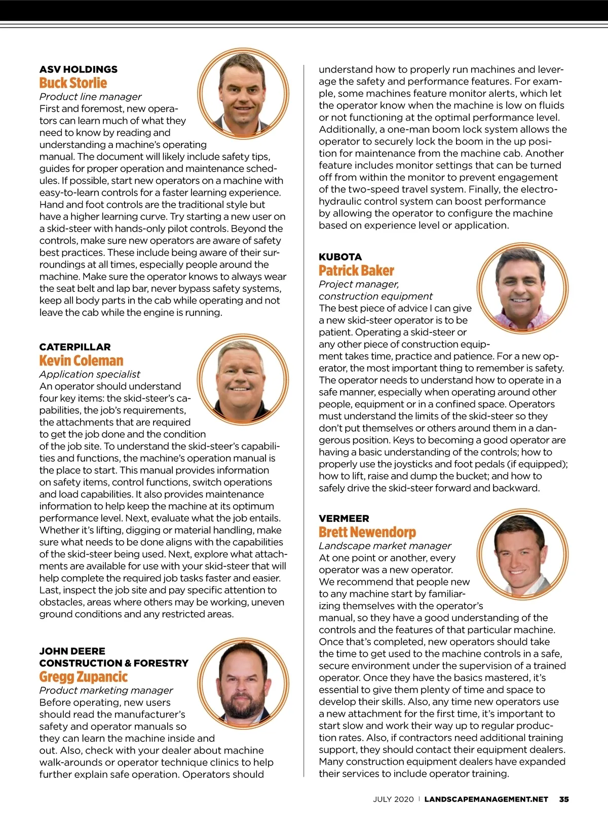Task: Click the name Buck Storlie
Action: pyautogui.click(x=73, y=83)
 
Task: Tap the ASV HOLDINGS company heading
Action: pyautogui.click(x=79, y=69)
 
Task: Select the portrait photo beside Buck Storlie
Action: pyautogui.click(x=243, y=94)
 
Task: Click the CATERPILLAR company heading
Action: pyautogui.click(x=75, y=347)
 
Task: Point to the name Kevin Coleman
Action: pyautogui.click(x=81, y=361)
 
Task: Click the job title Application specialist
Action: pyautogui.click(x=90, y=374)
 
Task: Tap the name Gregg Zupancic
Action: pyautogui.click(x=84, y=677)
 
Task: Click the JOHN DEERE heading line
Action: pyautogui.click(x=72, y=651)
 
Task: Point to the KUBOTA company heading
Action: pyautogui.click(x=340, y=257)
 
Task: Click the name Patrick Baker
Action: pyautogui.click(x=356, y=271)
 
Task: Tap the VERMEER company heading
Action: pyautogui.click(x=344, y=518)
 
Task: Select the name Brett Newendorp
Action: pyautogui.click(x=367, y=532)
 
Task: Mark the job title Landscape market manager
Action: pyautogui.click(x=385, y=546)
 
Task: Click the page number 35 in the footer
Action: pyautogui.click(x=564, y=799)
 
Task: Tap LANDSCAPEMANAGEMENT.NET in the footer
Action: pyautogui.click(x=486, y=799)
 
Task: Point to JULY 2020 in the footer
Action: pyautogui.click(x=393, y=799)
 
